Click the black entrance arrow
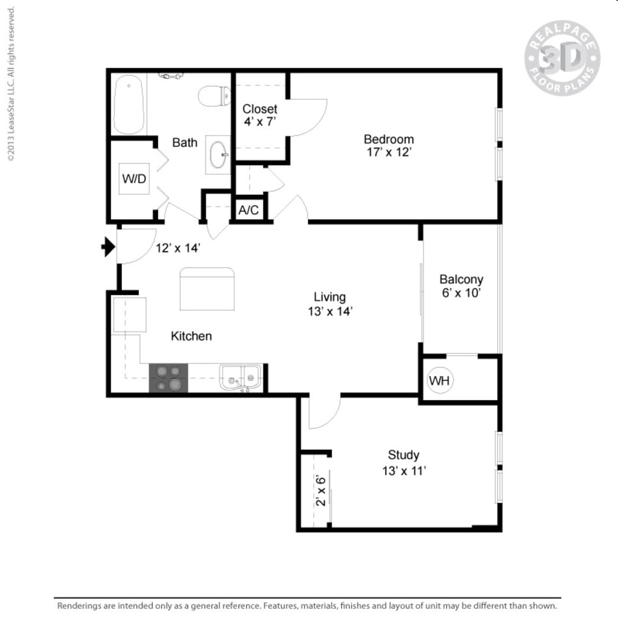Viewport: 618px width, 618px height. pyautogui.click(x=108, y=246)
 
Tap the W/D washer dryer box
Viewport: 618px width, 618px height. pyautogui.click(x=134, y=179)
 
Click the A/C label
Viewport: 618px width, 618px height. pyautogui.click(x=249, y=210)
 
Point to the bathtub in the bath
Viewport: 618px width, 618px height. pyautogui.click(x=129, y=104)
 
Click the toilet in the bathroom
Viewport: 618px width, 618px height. pyautogui.click(x=215, y=95)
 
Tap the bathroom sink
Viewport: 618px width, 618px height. pyautogui.click(x=218, y=154)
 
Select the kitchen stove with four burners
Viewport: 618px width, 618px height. pyautogui.click(x=168, y=378)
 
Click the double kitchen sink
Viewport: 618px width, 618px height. pyautogui.click(x=241, y=378)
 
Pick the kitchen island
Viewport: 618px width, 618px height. pyautogui.click(x=207, y=289)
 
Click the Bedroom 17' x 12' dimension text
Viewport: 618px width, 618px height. pyautogui.click(x=389, y=153)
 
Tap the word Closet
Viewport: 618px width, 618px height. pyautogui.click(x=260, y=109)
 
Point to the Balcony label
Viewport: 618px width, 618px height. pyautogui.click(x=461, y=279)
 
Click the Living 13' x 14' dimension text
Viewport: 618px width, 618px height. pyautogui.click(x=330, y=311)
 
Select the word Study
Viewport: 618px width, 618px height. pyautogui.click(x=403, y=455)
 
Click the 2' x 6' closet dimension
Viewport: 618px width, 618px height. pyautogui.click(x=321, y=490)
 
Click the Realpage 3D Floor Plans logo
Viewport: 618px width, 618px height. pyautogui.click(x=562, y=58)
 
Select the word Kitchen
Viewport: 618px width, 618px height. pyautogui.click(x=191, y=336)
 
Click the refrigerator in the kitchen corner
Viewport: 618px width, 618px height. pyautogui.click(x=129, y=314)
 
